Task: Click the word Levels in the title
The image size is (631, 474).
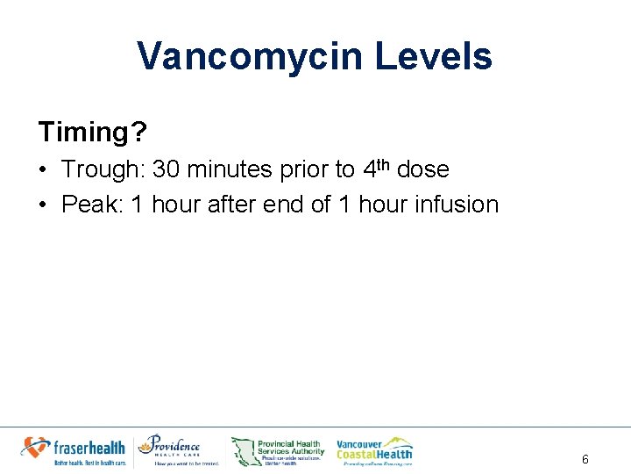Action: click(434, 57)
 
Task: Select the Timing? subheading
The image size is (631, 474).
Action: click(92, 133)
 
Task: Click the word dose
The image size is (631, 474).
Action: click(422, 169)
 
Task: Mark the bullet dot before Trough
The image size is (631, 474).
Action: click(44, 170)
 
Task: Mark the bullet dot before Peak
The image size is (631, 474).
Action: click(44, 205)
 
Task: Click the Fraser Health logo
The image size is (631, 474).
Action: click(74, 450)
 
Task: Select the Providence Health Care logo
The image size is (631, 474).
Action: click(179, 450)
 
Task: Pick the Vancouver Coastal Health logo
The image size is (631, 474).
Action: click(374, 450)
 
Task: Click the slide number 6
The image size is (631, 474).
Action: click(585, 459)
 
